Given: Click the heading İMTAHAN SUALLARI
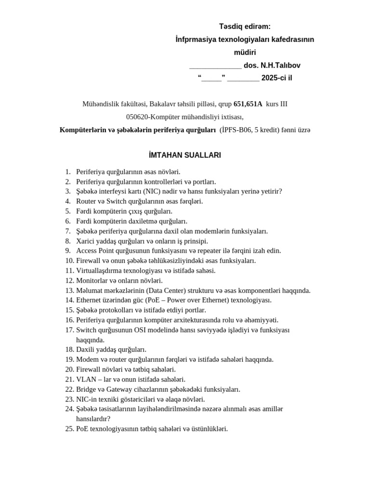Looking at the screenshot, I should pos(185,155).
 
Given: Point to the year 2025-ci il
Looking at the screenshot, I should pos(277,78).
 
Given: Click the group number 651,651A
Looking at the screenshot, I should pos(248,104).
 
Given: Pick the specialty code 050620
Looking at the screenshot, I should pos(138,117).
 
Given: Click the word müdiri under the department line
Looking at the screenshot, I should pos(245,52).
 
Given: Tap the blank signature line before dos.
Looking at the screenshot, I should pos(215,66).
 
